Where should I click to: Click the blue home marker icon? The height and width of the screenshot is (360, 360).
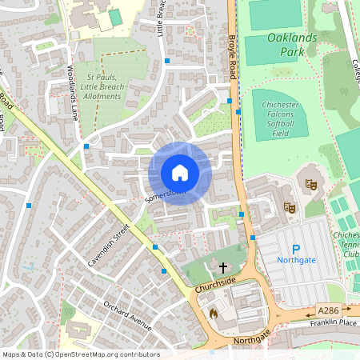click(x=180, y=172)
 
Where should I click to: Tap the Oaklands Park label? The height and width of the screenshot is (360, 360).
click(x=281, y=44)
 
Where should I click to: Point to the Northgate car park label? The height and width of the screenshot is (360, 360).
click(x=295, y=261)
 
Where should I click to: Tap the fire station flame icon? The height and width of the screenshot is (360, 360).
click(x=213, y=312)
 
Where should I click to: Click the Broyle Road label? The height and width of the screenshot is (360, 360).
click(x=233, y=56)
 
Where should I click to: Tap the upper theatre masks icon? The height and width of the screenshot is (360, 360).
click(x=310, y=183)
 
